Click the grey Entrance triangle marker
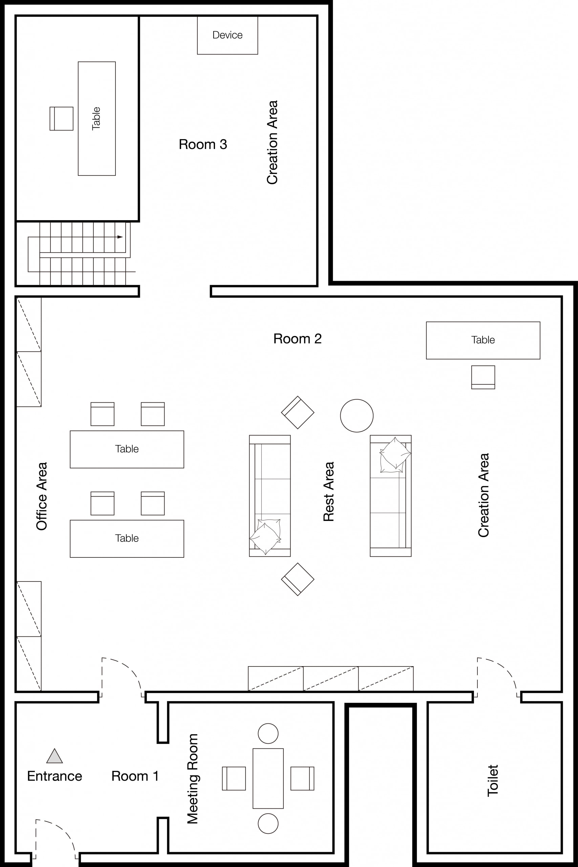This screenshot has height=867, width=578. coord(55,756)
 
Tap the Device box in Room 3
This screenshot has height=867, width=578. coord(228,35)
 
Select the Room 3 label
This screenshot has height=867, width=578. coord(203,144)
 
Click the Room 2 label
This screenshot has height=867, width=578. coord(298,338)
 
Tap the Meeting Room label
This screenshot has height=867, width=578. coord(192,779)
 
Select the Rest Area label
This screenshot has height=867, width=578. coord(328,491)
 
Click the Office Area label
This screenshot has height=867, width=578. coord(42,496)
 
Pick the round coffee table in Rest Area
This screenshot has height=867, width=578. coord(357,416)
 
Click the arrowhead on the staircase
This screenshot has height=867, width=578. coord(120,237)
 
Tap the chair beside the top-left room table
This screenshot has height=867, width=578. coord(62,118)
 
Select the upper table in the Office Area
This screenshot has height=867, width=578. coord(127,449)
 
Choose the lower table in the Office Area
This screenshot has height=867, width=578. coord(127,538)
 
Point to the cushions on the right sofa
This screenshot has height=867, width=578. coord(395,455)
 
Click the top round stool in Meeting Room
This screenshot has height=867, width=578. coord(268,733)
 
